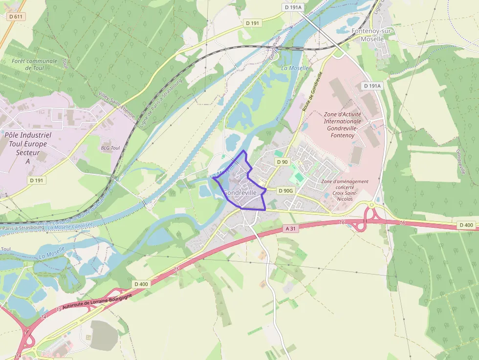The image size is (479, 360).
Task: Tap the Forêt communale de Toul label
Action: (35, 64)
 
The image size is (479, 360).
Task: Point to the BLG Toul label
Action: (110, 148)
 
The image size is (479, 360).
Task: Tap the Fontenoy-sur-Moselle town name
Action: (372, 35)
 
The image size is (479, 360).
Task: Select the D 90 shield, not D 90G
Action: (282, 162)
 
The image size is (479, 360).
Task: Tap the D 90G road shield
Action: (286, 191)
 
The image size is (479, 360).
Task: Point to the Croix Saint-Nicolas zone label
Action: (345, 191)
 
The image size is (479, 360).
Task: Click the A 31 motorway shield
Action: (290, 229)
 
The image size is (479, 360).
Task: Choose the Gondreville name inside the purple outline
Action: (240, 193)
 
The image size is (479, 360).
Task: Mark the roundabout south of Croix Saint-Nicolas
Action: (371, 205)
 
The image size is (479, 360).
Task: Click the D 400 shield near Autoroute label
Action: (141, 284)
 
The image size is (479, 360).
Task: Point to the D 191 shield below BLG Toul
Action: (37, 180)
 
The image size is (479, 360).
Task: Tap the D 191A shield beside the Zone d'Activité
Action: (371, 86)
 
